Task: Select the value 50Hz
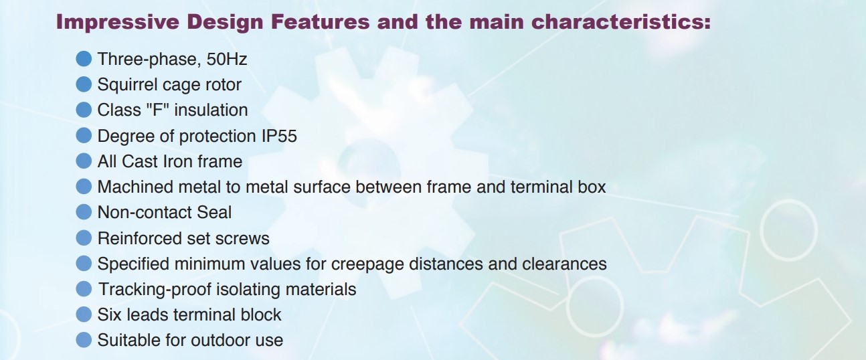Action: (x=227, y=59)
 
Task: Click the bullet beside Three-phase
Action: (x=84, y=59)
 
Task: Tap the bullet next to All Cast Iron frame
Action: (x=84, y=161)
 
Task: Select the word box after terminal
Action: (x=592, y=187)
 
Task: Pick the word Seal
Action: (x=214, y=212)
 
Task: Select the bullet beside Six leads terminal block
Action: (x=84, y=314)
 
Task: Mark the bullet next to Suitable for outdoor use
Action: (x=84, y=341)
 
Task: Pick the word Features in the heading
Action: (x=320, y=21)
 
